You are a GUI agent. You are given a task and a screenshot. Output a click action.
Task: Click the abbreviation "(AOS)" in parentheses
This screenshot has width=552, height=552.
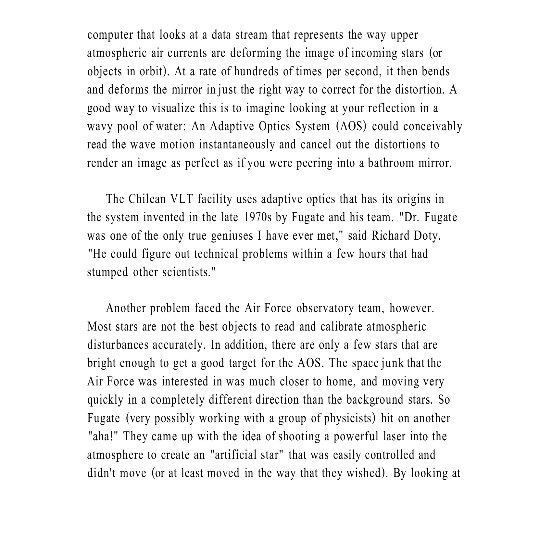[351, 126]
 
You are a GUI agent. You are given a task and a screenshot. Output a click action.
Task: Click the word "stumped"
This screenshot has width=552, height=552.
[107, 272]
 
